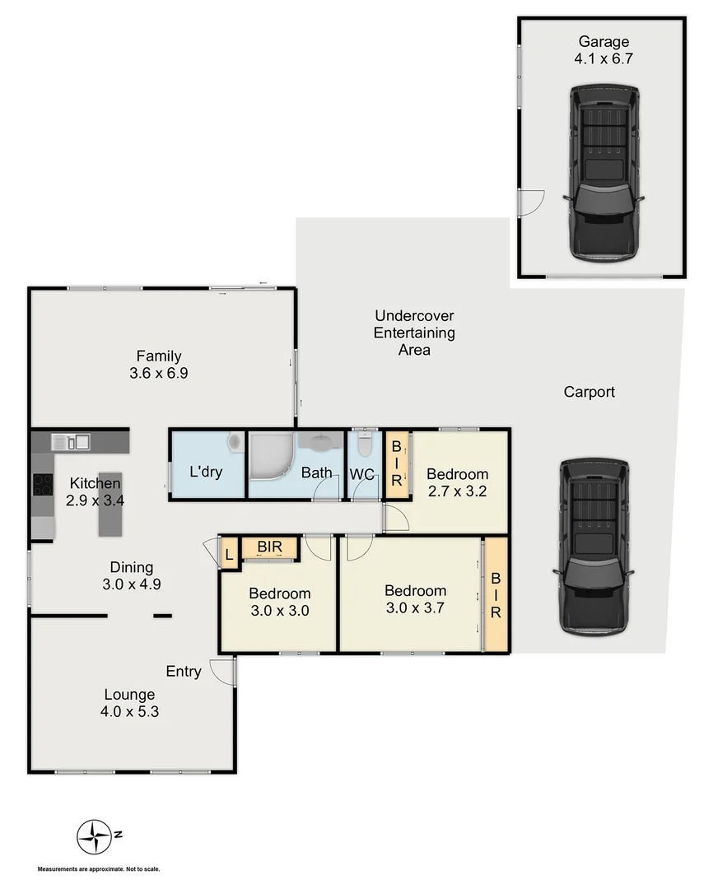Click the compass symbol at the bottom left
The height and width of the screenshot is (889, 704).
pyautogui.click(x=94, y=836)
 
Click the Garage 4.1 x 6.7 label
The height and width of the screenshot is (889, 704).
pyautogui.click(x=604, y=50)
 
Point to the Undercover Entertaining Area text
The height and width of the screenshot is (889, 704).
pyautogui.click(x=414, y=333)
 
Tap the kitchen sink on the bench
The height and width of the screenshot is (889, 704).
pyautogui.click(x=72, y=442)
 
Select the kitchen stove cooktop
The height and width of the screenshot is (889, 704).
pyautogui.click(x=41, y=485)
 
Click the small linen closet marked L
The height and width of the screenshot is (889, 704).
pyautogui.click(x=229, y=552)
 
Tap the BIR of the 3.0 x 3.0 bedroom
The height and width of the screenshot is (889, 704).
pyautogui.click(x=269, y=547)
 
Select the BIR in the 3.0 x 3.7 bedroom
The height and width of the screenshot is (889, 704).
pyautogui.click(x=496, y=594)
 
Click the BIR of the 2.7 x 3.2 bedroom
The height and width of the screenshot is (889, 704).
pyautogui.click(x=397, y=464)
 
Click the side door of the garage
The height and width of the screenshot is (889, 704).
pyautogui.click(x=531, y=202)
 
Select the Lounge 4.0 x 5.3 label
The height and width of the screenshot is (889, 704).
pyautogui.click(x=129, y=703)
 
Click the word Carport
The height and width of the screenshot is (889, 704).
pyautogui.click(x=589, y=393)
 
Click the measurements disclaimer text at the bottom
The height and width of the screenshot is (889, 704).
pyautogui.click(x=98, y=869)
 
